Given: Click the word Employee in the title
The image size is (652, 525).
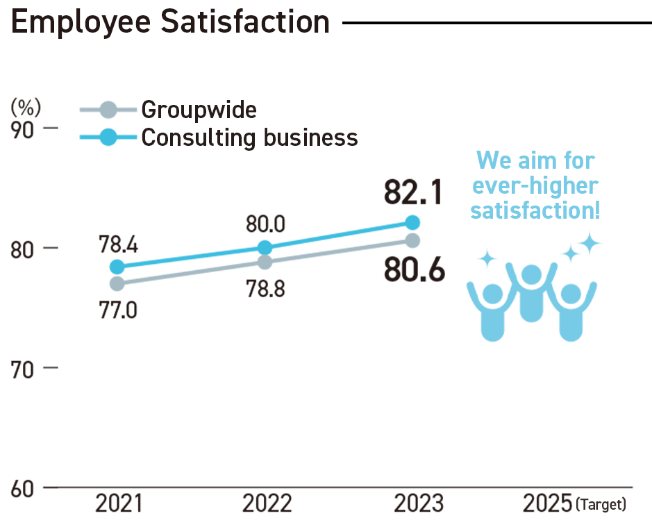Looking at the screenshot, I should tap(81, 22).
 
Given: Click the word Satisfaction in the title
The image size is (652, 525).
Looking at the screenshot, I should tap(246, 22).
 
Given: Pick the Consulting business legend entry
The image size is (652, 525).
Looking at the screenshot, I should tap(249, 137).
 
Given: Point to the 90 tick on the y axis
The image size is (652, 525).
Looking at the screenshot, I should tap(24, 130).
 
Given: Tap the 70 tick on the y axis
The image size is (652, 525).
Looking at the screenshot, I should tap(24, 368).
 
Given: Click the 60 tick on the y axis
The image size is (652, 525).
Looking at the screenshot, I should tap(24, 488).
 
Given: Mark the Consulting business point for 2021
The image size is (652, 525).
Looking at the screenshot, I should tap(117, 267).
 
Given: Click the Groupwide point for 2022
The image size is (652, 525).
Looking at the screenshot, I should tap(265, 262).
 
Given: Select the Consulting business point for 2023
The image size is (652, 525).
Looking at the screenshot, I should tap(413, 222).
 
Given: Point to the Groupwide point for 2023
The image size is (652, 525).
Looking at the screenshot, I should tap(413, 240).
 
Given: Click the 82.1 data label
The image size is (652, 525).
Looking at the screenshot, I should tap(413, 193).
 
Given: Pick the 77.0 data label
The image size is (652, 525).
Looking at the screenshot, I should tap(118, 308).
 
